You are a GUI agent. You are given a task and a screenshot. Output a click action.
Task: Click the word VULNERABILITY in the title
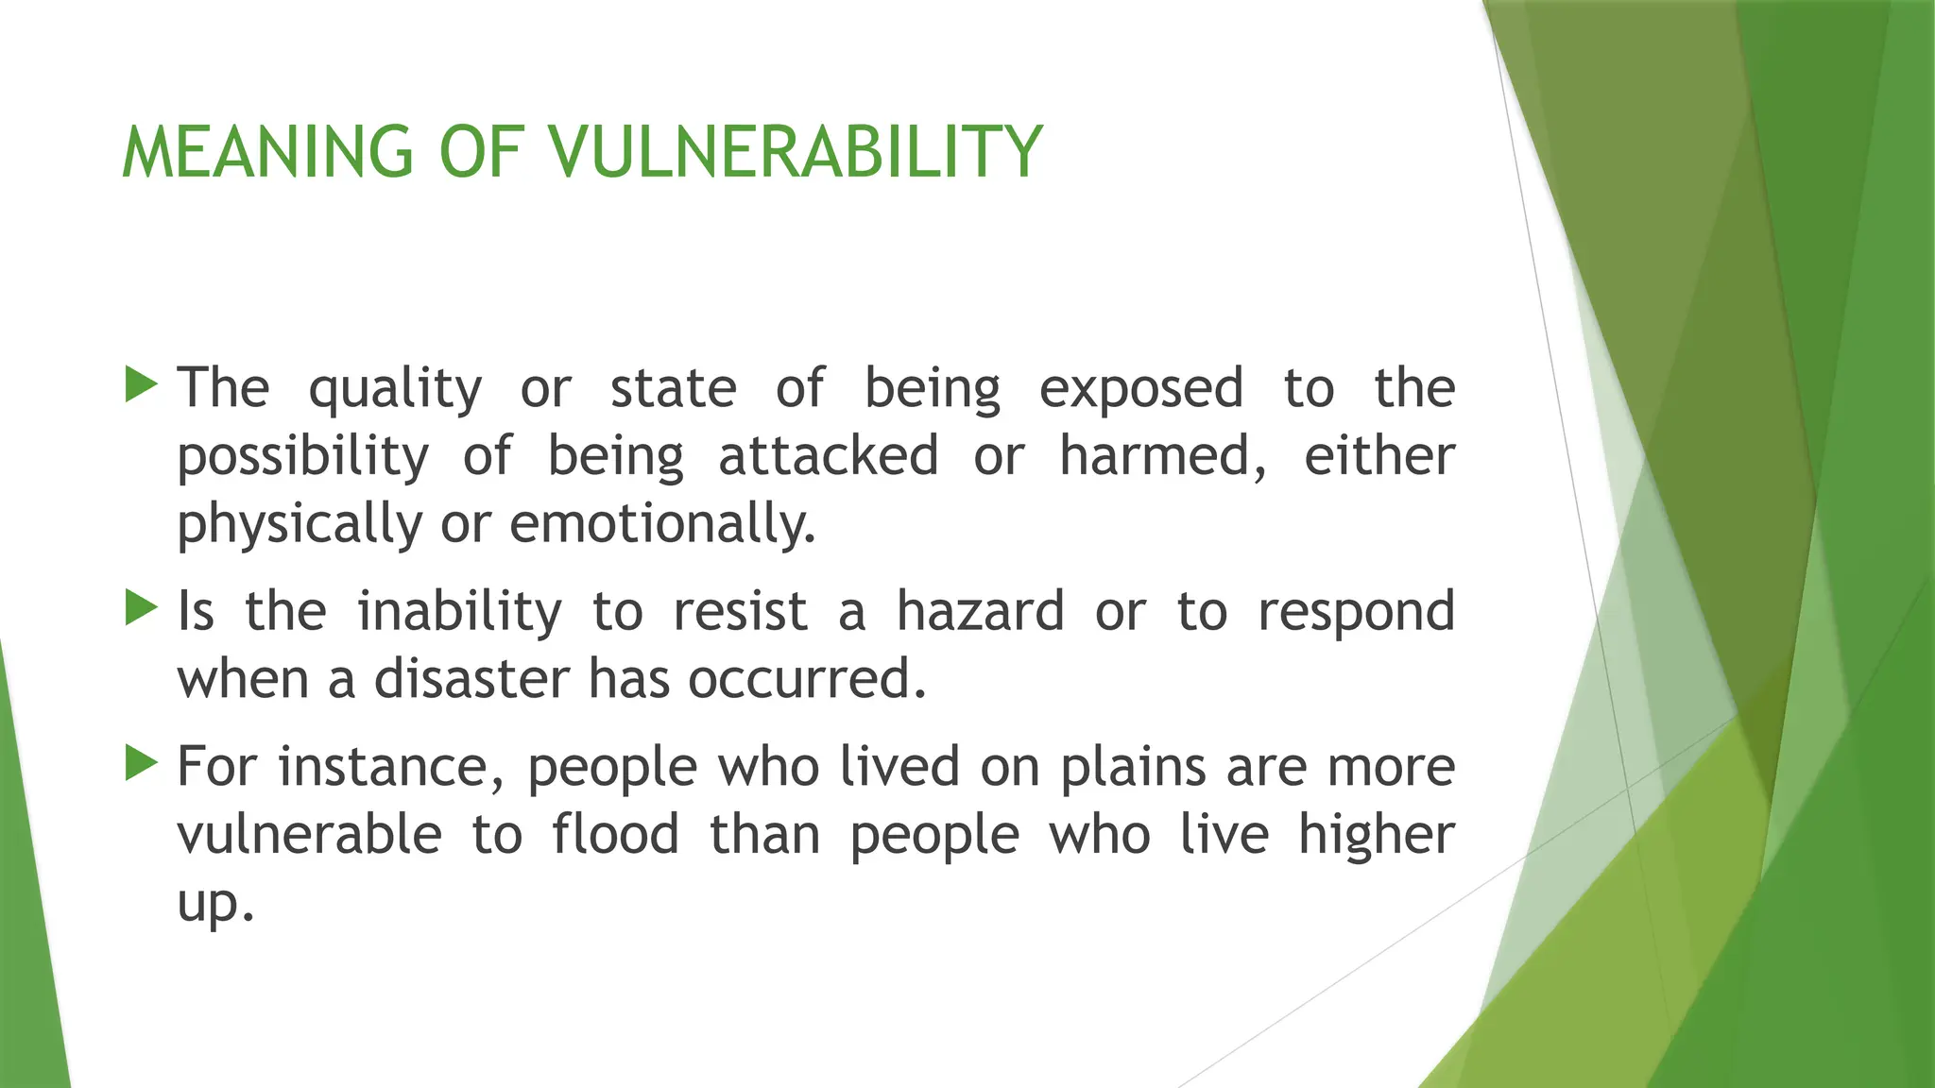(796, 152)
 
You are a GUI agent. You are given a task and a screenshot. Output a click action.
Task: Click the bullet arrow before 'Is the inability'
(141, 608)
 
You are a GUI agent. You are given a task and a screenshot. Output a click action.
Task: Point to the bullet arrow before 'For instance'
(141, 763)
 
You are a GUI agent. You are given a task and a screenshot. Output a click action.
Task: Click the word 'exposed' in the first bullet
(1141, 389)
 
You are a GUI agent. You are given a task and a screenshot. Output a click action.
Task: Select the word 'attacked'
(828, 456)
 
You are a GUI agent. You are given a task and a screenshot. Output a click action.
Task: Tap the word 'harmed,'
(1163, 456)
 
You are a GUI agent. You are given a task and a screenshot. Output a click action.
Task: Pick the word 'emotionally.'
(662, 523)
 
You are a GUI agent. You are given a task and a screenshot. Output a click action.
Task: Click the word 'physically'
(300, 525)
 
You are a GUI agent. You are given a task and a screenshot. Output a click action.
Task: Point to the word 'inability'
(459, 612)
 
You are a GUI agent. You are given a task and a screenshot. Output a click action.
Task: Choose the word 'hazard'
(980, 611)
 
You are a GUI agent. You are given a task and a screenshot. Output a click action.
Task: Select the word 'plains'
(1133, 768)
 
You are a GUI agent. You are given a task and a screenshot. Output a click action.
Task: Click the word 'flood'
(616, 835)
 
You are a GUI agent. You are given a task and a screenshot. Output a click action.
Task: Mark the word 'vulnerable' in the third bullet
(309, 835)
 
